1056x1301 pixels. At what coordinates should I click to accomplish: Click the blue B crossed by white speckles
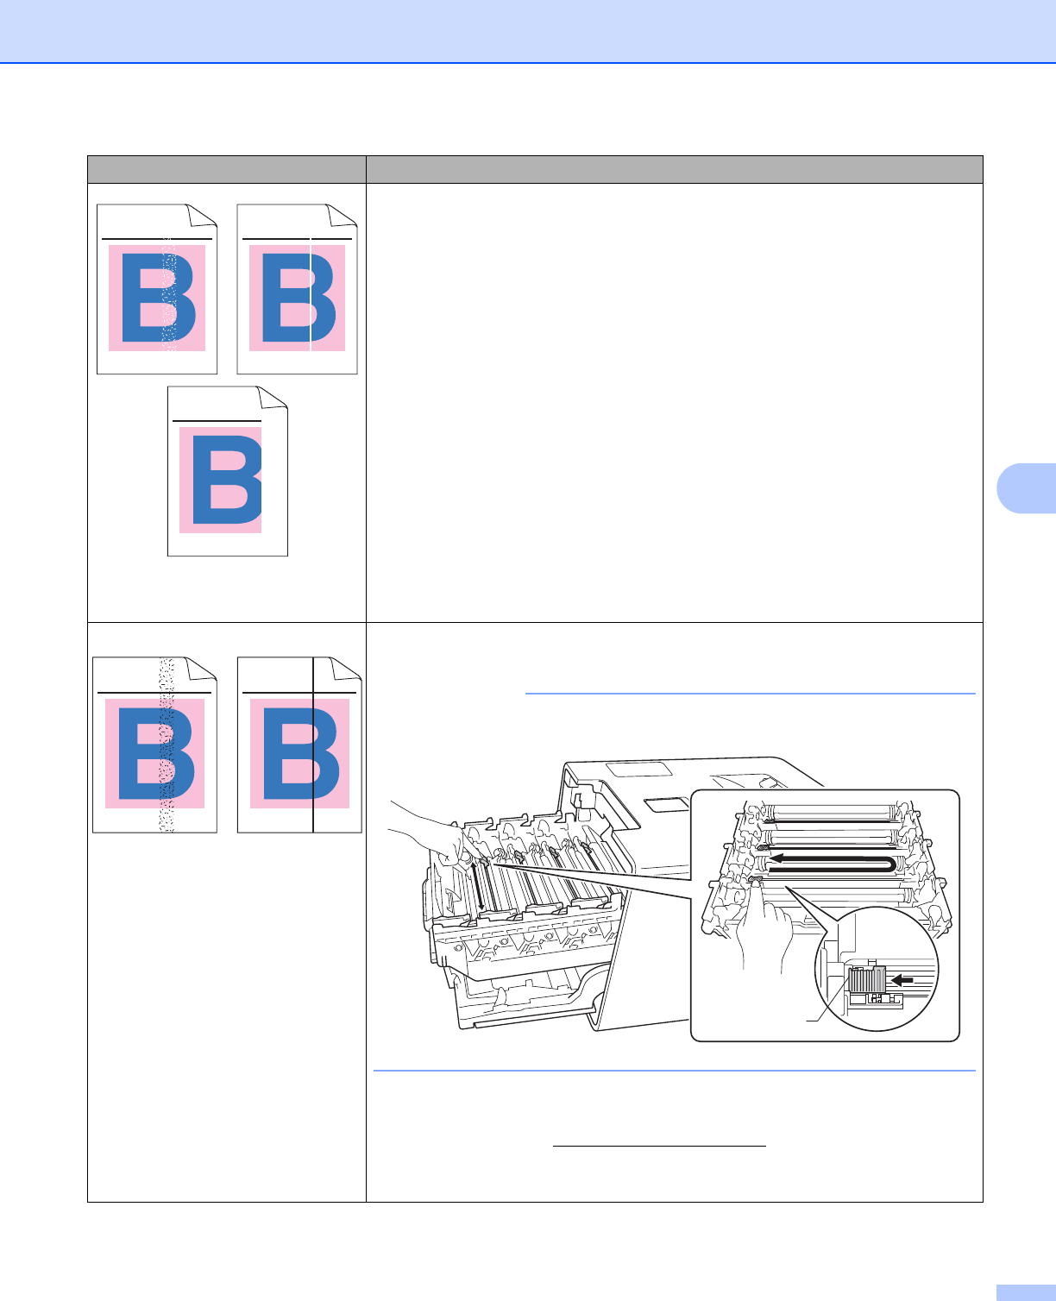tap(159, 298)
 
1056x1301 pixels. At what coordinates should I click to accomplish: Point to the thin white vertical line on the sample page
tap(311, 294)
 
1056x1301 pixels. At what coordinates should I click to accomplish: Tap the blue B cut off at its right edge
tap(227, 480)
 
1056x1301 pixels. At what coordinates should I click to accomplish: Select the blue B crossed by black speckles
tap(156, 753)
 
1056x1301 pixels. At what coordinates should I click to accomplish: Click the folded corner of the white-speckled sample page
tap(202, 216)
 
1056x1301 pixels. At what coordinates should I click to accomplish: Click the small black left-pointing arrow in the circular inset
tap(902, 980)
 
